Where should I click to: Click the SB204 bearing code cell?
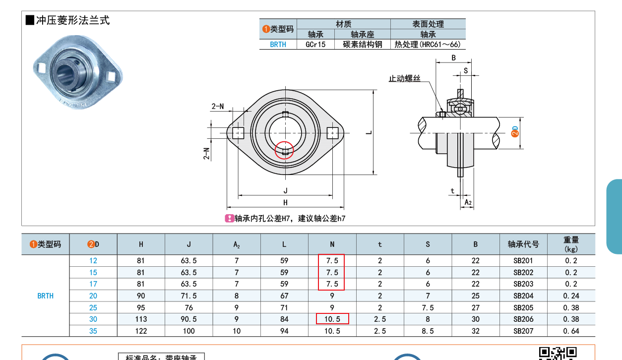(x=523, y=296)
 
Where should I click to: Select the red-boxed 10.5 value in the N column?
(x=332, y=319)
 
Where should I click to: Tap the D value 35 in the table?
(x=93, y=331)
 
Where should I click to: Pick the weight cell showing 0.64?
(x=571, y=331)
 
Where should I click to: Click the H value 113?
(x=141, y=319)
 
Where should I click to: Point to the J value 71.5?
(x=188, y=296)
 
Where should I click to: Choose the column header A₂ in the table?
(x=237, y=244)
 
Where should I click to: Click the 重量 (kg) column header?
(x=571, y=244)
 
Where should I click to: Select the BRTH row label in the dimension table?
(x=45, y=296)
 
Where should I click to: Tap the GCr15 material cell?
(x=315, y=45)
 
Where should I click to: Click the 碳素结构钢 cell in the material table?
(x=363, y=45)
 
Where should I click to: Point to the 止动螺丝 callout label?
(x=404, y=78)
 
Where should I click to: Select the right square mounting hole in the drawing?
(x=332, y=132)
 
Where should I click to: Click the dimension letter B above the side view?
(x=453, y=58)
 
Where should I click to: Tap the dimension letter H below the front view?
(x=285, y=202)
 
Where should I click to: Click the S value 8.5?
(x=428, y=331)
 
